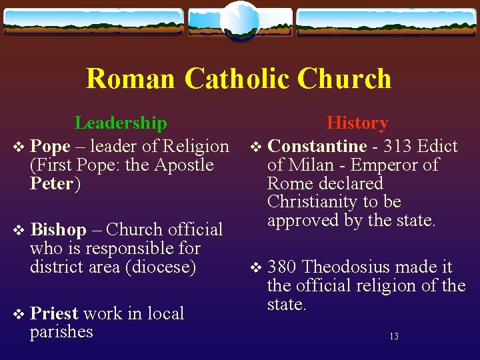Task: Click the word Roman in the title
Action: click(x=131, y=79)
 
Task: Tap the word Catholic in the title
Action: click(x=236, y=79)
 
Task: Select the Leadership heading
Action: click(x=121, y=123)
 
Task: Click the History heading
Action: click(x=357, y=123)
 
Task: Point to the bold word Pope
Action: click(x=50, y=146)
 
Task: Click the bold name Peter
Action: click(x=51, y=183)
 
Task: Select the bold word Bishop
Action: click(x=58, y=230)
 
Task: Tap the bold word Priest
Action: click(x=54, y=313)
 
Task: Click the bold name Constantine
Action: click(x=317, y=146)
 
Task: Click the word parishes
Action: click(x=61, y=332)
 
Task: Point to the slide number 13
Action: click(x=394, y=337)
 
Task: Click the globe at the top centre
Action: click(x=239, y=19)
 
